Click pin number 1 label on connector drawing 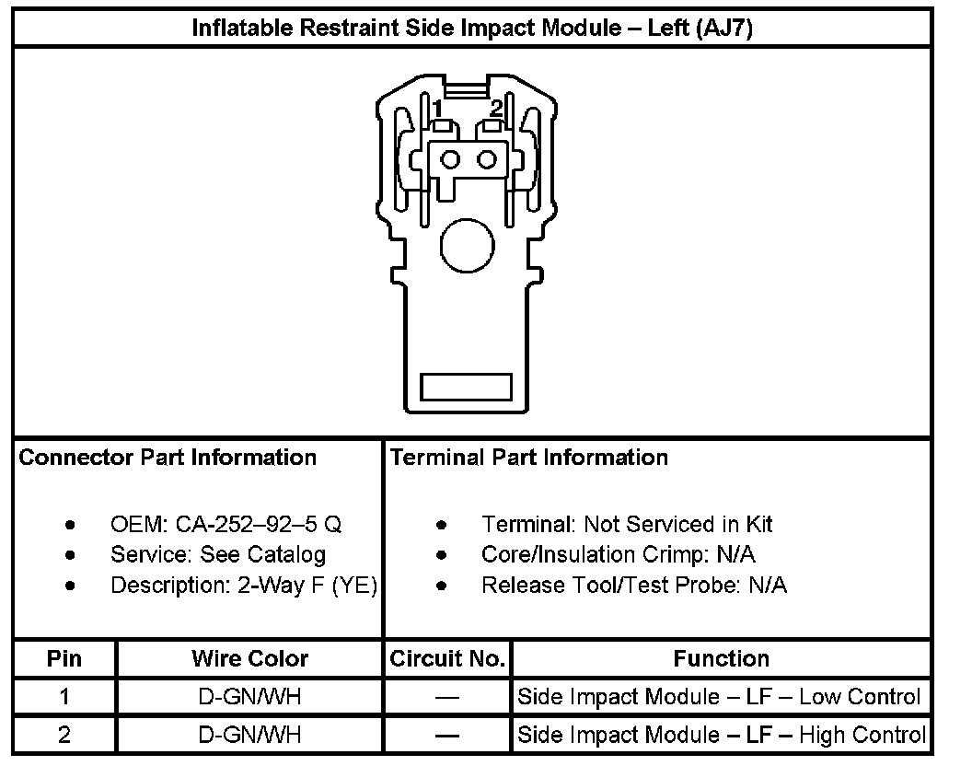pyautogui.click(x=437, y=109)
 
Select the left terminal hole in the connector pyautogui.click(x=450, y=160)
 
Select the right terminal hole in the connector pyautogui.click(x=486, y=160)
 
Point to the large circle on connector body pyautogui.click(x=468, y=244)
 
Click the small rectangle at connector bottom pyautogui.click(x=466, y=387)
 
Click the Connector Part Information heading pyautogui.click(x=168, y=458)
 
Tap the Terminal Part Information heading pyautogui.click(x=529, y=458)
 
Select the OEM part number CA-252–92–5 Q pyautogui.click(x=226, y=525)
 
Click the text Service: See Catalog pyautogui.click(x=218, y=554)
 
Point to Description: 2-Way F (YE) pyautogui.click(x=244, y=585)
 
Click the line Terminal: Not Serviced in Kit pyautogui.click(x=627, y=525)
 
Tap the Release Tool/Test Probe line pyautogui.click(x=634, y=585)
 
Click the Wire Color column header pyautogui.click(x=249, y=659)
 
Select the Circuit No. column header pyautogui.click(x=447, y=659)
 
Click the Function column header pyautogui.click(x=721, y=659)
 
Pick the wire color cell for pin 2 pyautogui.click(x=249, y=735)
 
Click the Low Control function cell pyautogui.click(x=719, y=697)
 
